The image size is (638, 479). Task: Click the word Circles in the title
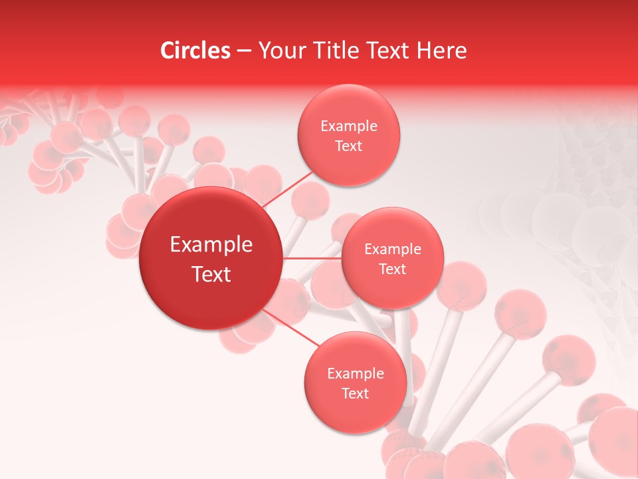pyautogui.click(x=195, y=51)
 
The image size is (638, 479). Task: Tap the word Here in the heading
pyautogui.click(x=441, y=51)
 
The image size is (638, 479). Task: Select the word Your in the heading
pyautogui.click(x=280, y=51)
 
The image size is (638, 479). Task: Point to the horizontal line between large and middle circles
pyautogui.click(x=312, y=257)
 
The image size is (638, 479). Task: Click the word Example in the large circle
pyautogui.click(x=211, y=245)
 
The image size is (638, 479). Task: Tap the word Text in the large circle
pyautogui.click(x=211, y=274)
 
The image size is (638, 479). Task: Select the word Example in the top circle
pyautogui.click(x=349, y=126)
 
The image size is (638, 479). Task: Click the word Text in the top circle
pyautogui.click(x=349, y=146)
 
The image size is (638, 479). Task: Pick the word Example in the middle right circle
pyautogui.click(x=393, y=249)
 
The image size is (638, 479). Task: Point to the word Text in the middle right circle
pyautogui.click(x=393, y=269)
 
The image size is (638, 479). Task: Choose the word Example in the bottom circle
pyautogui.click(x=356, y=374)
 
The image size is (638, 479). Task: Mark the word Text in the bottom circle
pyautogui.click(x=356, y=393)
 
